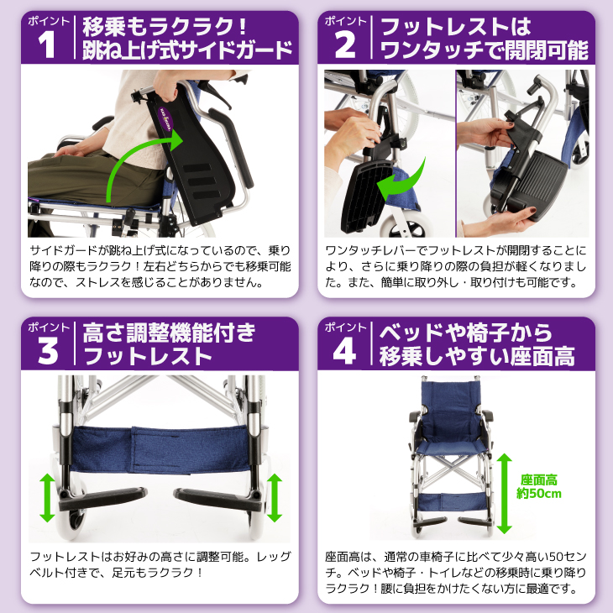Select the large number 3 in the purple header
pyautogui.click(x=49, y=352)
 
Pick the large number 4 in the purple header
pyautogui.click(x=345, y=352)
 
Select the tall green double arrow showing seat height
pyautogui.click(x=504, y=493)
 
